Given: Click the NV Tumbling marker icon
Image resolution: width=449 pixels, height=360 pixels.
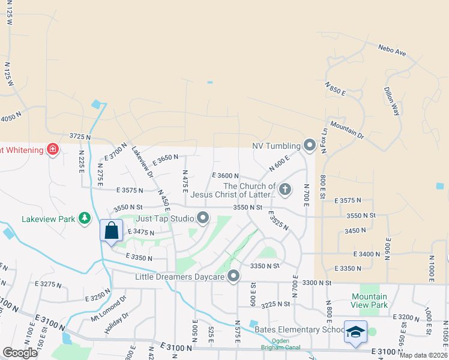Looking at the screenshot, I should click(310, 145).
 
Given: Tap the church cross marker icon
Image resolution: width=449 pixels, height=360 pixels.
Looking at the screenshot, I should click(285, 190).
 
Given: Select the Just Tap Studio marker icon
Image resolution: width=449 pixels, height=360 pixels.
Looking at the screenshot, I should click(203, 218).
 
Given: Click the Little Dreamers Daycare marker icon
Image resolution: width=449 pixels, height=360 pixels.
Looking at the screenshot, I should click(234, 277).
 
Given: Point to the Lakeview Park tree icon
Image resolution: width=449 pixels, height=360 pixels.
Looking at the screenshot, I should click(85, 218).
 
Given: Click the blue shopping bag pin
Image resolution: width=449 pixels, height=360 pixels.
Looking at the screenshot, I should click(112, 231).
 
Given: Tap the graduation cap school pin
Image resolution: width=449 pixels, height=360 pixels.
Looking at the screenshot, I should click(355, 332).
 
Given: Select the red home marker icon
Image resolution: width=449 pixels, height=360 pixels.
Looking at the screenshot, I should click(53, 149).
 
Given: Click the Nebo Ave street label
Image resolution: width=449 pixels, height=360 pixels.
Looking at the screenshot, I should click(393, 50).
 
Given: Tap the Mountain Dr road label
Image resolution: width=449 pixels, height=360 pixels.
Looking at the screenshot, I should click(347, 131).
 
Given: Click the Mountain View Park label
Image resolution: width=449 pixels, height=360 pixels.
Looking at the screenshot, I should click(369, 301).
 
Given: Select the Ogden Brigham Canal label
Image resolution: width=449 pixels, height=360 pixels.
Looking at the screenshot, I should click(276, 344).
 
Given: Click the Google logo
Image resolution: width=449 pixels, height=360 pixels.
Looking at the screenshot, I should click(20, 352).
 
